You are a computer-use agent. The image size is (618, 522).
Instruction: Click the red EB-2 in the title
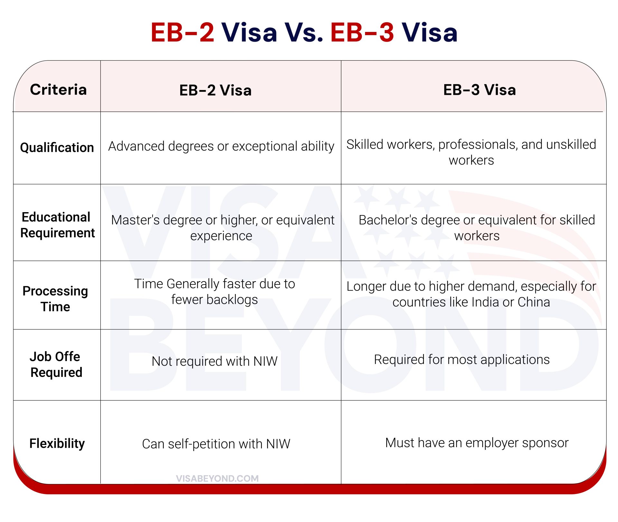(183, 33)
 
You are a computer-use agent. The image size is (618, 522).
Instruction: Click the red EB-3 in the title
(362, 33)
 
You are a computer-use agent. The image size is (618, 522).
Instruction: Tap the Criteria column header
(58, 90)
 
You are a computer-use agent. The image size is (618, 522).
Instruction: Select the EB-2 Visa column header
(215, 90)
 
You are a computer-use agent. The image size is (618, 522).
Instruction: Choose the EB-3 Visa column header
(479, 90)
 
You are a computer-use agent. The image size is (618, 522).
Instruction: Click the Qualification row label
(57, 148)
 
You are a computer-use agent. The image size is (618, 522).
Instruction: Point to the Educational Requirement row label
(57, 225)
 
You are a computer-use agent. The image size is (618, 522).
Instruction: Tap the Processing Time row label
(55, 299)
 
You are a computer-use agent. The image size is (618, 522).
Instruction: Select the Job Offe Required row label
(56, 364)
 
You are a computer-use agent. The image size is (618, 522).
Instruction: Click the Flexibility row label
(57, 443)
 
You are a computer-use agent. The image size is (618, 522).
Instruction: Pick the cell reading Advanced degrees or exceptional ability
(221, 146)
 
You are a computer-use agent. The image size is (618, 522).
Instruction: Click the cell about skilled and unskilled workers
(471, 152)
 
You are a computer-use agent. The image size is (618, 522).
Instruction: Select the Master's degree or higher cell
(222, 228)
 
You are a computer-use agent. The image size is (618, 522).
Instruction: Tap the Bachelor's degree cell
(477, 228)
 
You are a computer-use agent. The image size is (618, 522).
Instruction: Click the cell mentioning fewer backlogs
(214, 292)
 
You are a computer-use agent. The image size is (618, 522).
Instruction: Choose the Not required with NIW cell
(214, 361)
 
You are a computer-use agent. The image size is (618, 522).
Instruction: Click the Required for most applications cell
(462, 359)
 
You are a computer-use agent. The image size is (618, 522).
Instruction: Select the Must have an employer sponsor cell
(477, 443)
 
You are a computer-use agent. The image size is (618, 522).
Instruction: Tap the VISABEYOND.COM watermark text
(217, 478)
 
